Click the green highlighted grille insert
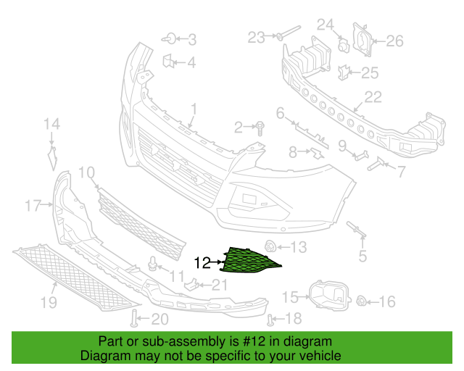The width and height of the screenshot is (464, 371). coord(250,261)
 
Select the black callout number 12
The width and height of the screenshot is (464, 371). coord(202,263)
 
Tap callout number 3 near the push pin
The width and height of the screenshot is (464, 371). coord(192,39)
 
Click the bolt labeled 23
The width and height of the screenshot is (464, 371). coord(289,32)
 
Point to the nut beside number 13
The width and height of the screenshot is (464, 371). coord(270,246)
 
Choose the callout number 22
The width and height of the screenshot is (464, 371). coord(373,97)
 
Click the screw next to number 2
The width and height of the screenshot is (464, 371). coord(260,128)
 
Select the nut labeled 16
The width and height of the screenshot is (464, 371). coord(361,301)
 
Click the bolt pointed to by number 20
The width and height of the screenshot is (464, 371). coord(133,318)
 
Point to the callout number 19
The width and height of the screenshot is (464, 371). coord(49,302)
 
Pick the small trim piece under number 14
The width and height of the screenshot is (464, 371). coord(53,158)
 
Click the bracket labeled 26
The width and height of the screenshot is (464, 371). coord(362,39)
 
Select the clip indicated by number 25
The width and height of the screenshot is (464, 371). coord(344,72)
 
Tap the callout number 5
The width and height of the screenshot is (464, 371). coord(362,256)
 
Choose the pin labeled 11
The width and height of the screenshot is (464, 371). coord(152,264)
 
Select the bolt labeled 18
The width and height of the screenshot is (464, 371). coord(270,320)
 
